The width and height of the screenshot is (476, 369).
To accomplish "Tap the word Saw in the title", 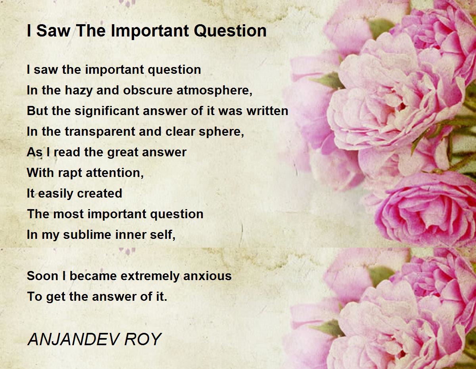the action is click(x=53, y=31).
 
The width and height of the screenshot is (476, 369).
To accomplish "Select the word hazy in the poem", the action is click(x=79, y=91).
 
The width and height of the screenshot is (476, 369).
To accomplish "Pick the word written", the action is click(x=267, y=111).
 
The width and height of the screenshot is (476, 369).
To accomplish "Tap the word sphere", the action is click(x=221, y=132).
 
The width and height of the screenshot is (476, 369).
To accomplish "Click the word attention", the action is click(x=115, y=173).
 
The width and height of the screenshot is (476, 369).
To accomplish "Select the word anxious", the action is click(x=207, y=276).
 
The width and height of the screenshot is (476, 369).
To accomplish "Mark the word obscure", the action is click(x=148, y=90).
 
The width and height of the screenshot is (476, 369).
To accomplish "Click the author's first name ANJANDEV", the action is click(x=74, y=339).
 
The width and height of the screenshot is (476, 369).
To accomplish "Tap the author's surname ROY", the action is click(x=143, y=339).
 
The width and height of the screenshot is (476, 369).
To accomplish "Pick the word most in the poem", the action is click(x=68, y=214).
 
